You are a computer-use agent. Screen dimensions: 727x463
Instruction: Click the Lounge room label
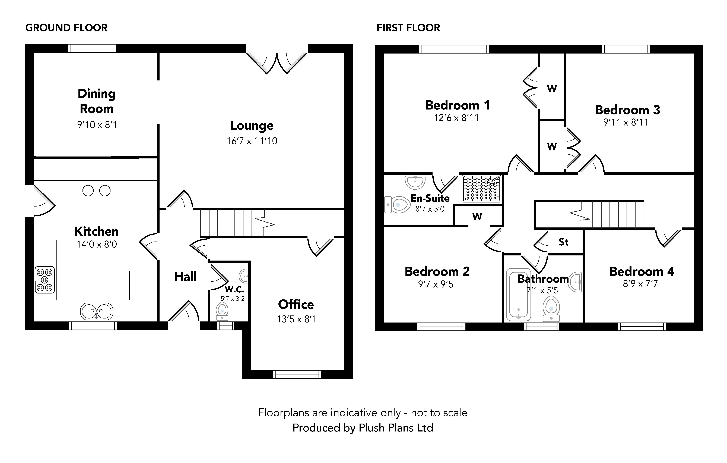(x=252, y=125)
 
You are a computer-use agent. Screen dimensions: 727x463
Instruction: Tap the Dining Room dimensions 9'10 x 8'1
(x=97, y=124)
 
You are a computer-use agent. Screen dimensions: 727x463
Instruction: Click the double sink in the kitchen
(x=97, y=311)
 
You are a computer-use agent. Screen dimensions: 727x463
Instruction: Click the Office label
(x=296, y=304)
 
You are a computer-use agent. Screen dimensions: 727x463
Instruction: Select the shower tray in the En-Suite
(x=482, y=189)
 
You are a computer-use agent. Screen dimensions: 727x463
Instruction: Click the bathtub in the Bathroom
(x=518, y=295)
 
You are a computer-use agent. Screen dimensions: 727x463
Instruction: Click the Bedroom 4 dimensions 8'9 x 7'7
(x=640, y=284)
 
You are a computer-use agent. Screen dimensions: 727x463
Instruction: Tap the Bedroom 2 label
(x=437, y=271)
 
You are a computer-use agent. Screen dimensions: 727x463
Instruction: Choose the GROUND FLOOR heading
(x=66, y=28)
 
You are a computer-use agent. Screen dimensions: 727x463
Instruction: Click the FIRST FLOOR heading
(x=408, y=28)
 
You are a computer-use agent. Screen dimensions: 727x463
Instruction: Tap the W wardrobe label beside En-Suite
(x=477, y=216)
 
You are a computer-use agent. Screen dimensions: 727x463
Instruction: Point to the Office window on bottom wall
(x=297, y=374)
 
